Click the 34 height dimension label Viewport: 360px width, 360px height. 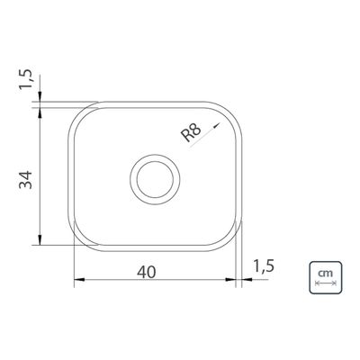pyautogui.click(x=25, y=179)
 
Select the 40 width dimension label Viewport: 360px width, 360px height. pyautogui.click(x=147, y=273)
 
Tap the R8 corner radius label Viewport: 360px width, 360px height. pyautogui.click(x=191, y=133)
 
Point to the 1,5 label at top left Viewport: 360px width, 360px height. pyautogui.click(x=25, y=79)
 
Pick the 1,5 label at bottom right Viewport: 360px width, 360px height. pyautogui.click(x=264, y=265)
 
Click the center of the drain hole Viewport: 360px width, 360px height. pyautogui.click(x=155, y=179)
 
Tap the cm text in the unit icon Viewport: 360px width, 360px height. pyautogui.click(x=326, y=274)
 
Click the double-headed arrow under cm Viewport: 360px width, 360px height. pyautogui.click(x=326, y=283)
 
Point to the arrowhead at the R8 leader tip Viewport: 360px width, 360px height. pyautogui.click(x=217, y=125)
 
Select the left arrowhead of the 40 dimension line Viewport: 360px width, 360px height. pyautogui.click(x=79, y=280)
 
